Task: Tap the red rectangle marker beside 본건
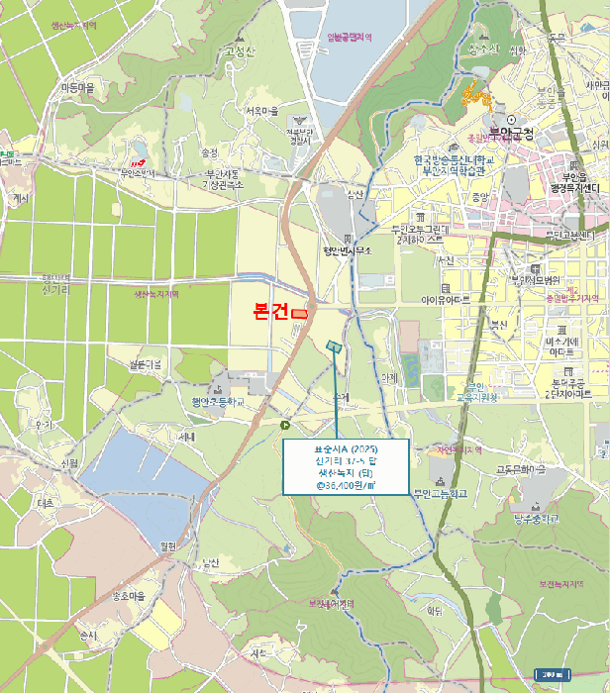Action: (299, 314)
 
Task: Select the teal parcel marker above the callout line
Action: (334, 346)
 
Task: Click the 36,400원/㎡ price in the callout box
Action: (346, 486)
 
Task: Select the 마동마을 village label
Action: (77, 88)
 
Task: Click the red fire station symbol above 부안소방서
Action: (138, 161)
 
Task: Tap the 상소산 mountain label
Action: (483, 49)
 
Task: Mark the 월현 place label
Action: (166, 545)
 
